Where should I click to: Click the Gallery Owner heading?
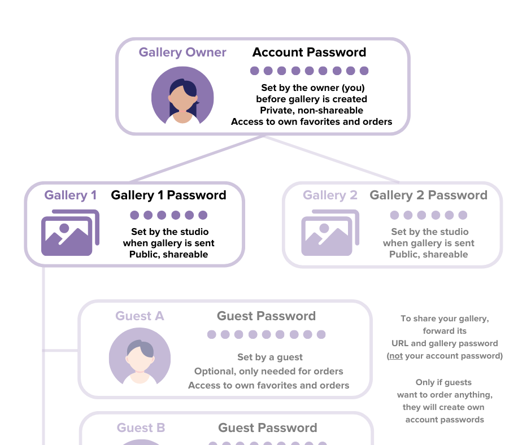pyautogui.click(x=182, y=53)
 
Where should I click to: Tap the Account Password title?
pyautogui.click(x=309, y=52)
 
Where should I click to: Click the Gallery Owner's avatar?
pyautogui.click(x=182, y=95)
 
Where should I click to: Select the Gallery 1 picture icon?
pyautogui.click(x=70, y=233)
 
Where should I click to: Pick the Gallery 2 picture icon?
pyautogui.click(x=330, y=233)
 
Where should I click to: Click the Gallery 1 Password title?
pyautogui.click(x=169, y=195)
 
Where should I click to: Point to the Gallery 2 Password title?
pyautogui.click(x=428, y=195)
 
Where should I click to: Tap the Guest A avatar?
pyautogui.click(x=140, y=356)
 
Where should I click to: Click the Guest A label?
pyautogui.click(x=140, y=316)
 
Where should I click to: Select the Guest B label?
pyautogui.click(x=141, y=427)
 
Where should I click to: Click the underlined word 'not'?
pyautogui.click(x=396, y=356)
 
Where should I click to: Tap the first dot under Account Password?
pyautogui.click(x=255, y=71)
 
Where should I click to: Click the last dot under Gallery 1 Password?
pyautogui.click(x=203, y=215)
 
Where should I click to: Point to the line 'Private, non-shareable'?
pyautogui.click(x=312, y=111)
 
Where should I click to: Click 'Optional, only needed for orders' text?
pyautogui.click(x=268, y=372)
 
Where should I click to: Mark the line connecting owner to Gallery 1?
pyautogui.click(x=197, y=159)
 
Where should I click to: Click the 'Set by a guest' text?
pyautogui.click(x=270, y=357)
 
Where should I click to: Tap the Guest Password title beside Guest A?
pyautogui.click(x=266, y=316)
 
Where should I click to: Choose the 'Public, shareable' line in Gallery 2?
pyautogui.click(x=428, y=254)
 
